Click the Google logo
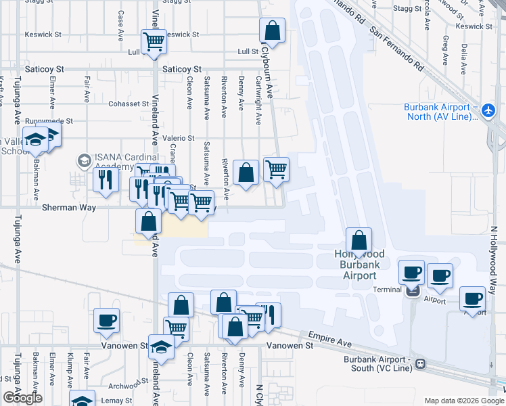pyautogui.click(x=23, y=398)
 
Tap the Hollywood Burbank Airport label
pyautogui.click(x=359, y=265)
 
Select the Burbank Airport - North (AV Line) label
pyautogui.click(x=437, y=112)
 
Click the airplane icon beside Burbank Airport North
pyautogui.click(x=490, y=109)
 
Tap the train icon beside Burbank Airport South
pyautogui.click(x=420, y=363)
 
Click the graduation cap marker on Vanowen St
pyautogui.click(x=162, y=346)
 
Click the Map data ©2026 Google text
pyautogui.click(x=463, y=400)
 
